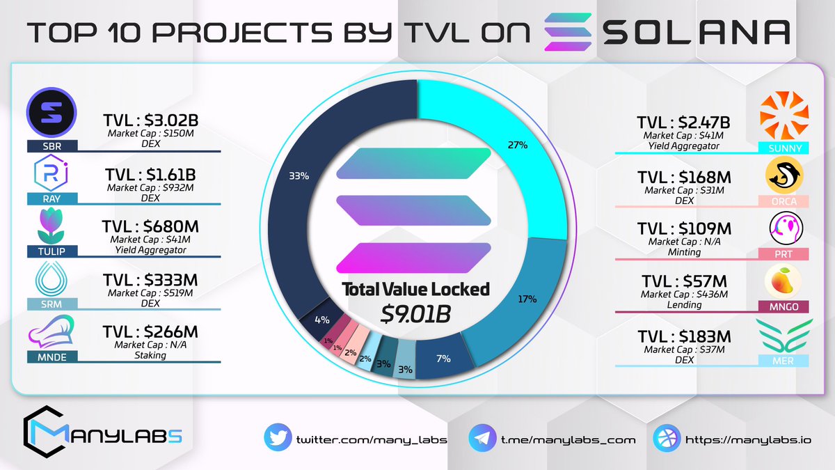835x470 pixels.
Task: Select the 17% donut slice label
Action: point(527,299)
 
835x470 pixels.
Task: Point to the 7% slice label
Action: point(443,359)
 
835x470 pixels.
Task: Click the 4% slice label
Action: point(321,321)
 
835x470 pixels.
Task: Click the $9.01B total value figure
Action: point(416,313)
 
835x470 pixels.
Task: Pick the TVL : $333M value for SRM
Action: point(150,279)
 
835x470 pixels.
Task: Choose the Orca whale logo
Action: point(784,174)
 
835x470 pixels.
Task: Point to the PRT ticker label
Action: point(784,254)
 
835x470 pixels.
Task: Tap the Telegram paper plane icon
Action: point(483,439)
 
